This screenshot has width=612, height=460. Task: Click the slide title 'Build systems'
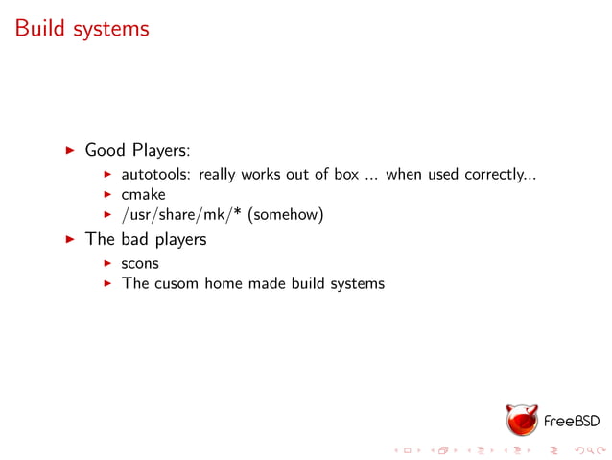[82, 29]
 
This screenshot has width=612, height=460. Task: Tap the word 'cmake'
[143, 195]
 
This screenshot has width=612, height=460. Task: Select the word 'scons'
[140, 262]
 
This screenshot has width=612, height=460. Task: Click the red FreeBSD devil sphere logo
[523, 420]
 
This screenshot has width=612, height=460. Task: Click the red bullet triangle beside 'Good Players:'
[69, 151]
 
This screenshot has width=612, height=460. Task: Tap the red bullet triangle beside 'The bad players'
[69, 239]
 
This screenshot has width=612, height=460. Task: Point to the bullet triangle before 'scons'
[109, 262]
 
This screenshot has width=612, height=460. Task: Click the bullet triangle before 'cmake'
[109, 195]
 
